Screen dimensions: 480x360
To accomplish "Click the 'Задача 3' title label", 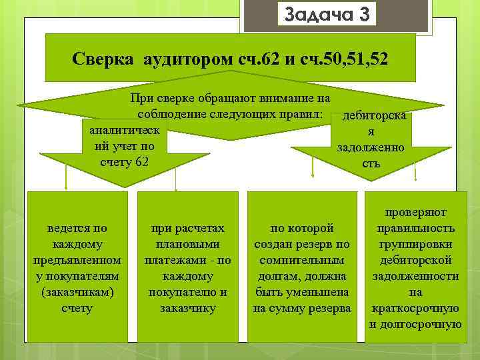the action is click(327, 13).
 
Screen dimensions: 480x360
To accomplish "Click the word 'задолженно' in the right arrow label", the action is click(371, 147).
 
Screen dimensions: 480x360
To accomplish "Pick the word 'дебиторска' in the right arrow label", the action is click(373, 117).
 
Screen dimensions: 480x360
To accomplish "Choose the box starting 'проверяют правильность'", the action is click(415, 267).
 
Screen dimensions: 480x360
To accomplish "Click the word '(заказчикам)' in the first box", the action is click(77, 292).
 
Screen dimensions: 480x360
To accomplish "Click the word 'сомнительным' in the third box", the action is click(302, 260).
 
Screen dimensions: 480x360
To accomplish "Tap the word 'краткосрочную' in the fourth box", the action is click(415, 308).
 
